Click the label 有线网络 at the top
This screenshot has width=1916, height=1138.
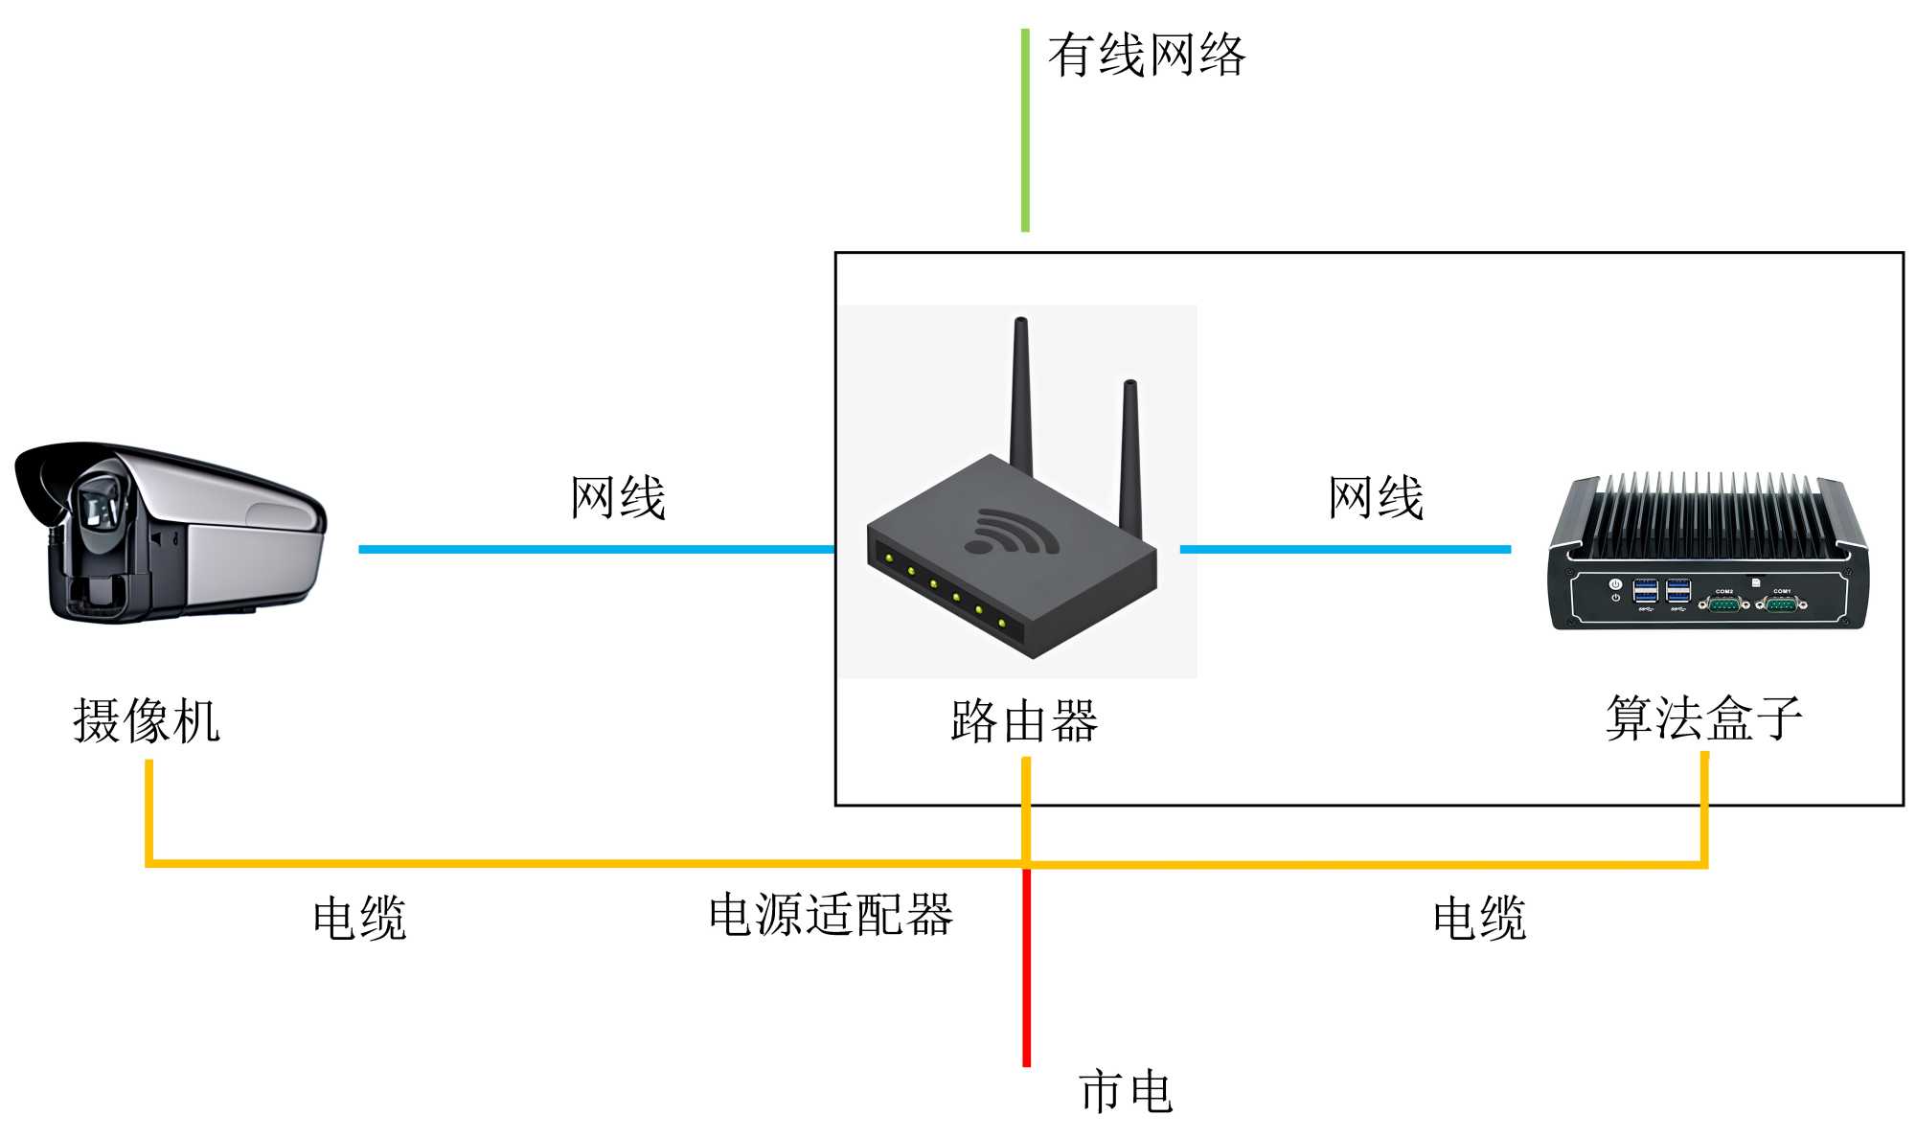tap(1146, 55)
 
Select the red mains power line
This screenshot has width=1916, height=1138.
tap(1026, 967)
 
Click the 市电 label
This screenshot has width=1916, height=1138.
tap(1126, 1092)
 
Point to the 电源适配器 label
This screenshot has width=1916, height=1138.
tap(831, 915)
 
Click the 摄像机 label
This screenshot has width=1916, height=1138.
tap(147, 720)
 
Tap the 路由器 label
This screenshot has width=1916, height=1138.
tap(1024, 720)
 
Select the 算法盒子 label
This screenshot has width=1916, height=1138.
tap(1703, 717)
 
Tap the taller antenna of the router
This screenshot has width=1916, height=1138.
tap(1021, 393)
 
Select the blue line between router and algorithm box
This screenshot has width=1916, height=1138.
tap(1345, 549)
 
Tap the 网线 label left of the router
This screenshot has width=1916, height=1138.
tap(618, 498)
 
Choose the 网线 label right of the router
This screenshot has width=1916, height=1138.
tap(1376, 498)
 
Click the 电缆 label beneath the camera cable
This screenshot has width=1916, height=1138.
tap(360, 919)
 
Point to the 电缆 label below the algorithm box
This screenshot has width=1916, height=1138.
tap(1479, 919)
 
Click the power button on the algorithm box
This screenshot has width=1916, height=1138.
tap(1615, 584)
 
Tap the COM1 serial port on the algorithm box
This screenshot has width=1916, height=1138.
tap(1781, 603)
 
